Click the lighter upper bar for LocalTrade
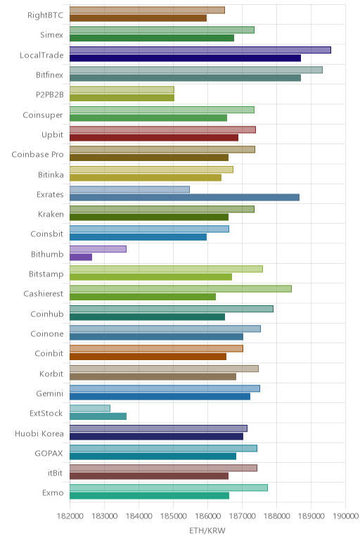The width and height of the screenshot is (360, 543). [200, 50]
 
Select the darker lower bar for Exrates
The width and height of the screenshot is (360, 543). [184, 198]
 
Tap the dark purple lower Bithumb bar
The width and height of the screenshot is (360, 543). [81, 257]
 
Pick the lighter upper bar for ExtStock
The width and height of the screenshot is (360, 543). [90, 408]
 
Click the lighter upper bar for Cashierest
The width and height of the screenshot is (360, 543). [180, 289]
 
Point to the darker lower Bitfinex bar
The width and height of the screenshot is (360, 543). [185, 78]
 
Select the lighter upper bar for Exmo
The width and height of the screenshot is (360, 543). [169, 487]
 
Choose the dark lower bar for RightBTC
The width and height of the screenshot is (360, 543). [138, 18]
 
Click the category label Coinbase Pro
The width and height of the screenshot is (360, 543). [37, 155]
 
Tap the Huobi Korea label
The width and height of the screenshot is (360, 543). [39, 433]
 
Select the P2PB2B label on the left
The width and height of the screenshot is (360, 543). [50, 94]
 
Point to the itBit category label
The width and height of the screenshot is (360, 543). [56, 473]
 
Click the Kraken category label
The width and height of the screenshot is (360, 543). [51, 215]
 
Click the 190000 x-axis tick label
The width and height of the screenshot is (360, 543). [345, 516]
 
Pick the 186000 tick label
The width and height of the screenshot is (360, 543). [207, 516]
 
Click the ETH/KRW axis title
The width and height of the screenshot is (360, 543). [207, 530]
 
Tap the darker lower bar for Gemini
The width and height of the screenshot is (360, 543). [160, 397]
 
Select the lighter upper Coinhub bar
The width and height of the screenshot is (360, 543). [172, 309]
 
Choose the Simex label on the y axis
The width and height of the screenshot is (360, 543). [51, 34]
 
